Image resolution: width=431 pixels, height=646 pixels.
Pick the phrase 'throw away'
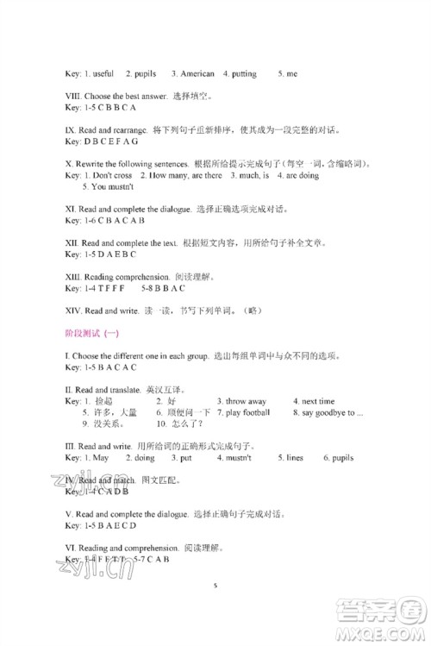tap(245, 401)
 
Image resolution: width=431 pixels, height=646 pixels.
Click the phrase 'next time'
tap(318, 401)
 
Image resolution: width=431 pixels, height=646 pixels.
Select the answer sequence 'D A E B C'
tap(109, 254)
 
